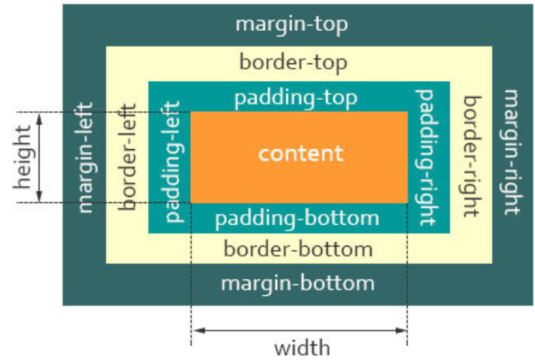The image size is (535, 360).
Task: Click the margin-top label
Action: point(292,25)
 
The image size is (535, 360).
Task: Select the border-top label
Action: point(293,63)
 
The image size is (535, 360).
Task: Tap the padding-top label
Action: point(296,98)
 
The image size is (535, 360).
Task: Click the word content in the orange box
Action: point(300,154)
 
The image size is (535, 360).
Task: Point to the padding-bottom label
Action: point(297,219)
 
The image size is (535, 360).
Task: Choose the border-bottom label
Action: point(298,249)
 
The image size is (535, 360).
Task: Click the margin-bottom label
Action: point(297,284)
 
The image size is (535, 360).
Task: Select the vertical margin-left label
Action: point(85,158)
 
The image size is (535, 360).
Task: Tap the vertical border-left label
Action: point(127,157)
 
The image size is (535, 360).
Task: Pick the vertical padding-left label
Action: point(173,161)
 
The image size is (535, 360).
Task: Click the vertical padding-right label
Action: point(425,158)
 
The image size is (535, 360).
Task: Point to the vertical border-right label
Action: point(472,156)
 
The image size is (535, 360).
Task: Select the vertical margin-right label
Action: point(512,152)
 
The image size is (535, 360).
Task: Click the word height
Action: point(23,157)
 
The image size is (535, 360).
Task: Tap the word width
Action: point(302,348)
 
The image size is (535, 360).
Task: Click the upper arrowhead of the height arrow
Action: point(39,118)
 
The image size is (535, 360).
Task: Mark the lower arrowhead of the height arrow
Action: point(39,197)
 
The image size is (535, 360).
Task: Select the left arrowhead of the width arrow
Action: point(198,331)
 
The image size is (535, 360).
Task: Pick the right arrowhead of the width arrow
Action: point(401,331)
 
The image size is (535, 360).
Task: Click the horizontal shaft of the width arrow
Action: point(300,331)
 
